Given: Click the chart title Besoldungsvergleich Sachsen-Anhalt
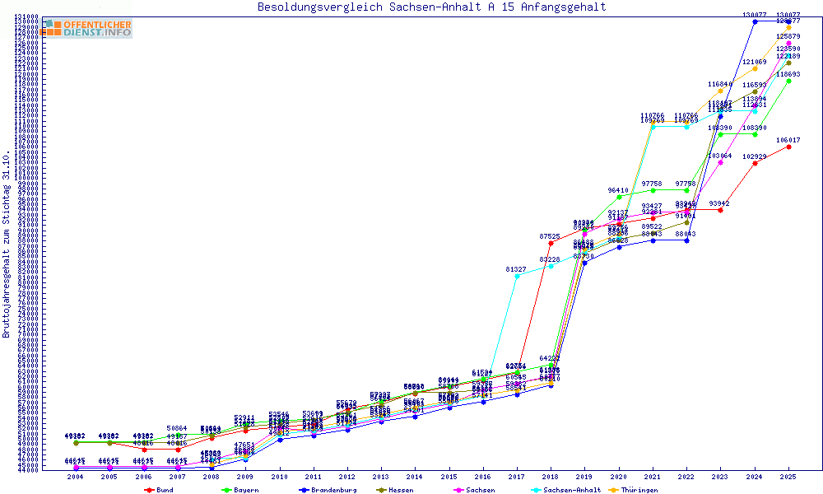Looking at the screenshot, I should click(x=431, y=7).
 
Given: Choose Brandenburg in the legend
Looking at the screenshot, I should click(x=331, y=490).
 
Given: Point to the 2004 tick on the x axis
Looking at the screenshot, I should click(x=76, y=477).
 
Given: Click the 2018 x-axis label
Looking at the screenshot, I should click(x=551, y=477).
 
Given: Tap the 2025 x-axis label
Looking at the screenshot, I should click(x=788, y=477).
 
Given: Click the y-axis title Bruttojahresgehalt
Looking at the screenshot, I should click(x=7, y=244).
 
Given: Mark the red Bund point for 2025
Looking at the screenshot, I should click(x=788, y=147).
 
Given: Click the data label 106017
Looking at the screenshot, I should click(x=788, y=140).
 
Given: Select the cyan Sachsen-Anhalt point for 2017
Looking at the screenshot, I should click(x=517, y=276).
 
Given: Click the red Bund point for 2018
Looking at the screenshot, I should click(x=551, y=243).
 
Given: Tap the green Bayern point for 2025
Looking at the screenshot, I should click(x=788, y=81).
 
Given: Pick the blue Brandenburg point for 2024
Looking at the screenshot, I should click(x=755, y=21).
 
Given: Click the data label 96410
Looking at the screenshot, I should click(x=618, y=190).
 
